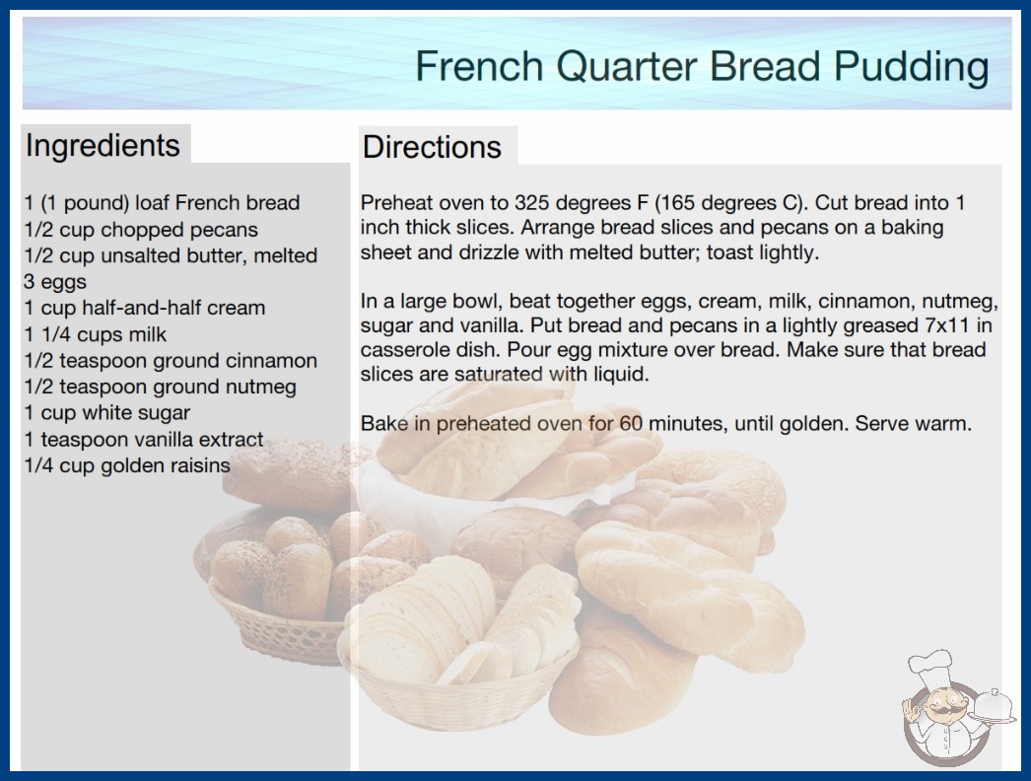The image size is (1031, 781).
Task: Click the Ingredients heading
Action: (x=103, y=145)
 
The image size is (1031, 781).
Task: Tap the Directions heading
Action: (x=432, y=147)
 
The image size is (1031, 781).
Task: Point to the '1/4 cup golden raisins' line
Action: (x=127, y=465)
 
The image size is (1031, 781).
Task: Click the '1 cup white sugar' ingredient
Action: (x=107, y=413)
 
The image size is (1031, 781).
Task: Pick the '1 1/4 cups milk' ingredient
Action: (x=96, y=334)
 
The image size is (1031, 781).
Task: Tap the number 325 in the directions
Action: (x=534, y=203)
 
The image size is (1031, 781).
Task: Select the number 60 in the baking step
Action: (x=631, y=423)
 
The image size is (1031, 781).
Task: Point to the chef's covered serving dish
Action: (x=994, y=707)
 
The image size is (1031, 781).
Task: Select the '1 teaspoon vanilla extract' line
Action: (x=143, y=440)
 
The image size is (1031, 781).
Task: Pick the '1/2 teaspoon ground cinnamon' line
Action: (x=171, y=361)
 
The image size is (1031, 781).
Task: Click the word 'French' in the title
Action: (x=479, y=66)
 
